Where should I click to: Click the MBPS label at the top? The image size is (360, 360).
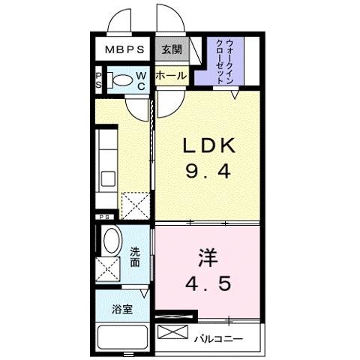click(x=124, y=50)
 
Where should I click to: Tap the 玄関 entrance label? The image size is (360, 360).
click(x=171, y=50)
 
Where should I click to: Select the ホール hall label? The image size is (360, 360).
click(x=171, y=76)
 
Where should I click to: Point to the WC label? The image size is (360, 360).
click(x=142, y=80)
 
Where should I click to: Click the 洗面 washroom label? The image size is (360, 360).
click(x=135, y=258)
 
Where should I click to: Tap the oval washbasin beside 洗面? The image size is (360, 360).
click(x=111, y=241)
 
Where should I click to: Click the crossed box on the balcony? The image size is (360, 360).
click(x=172, y=332)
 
